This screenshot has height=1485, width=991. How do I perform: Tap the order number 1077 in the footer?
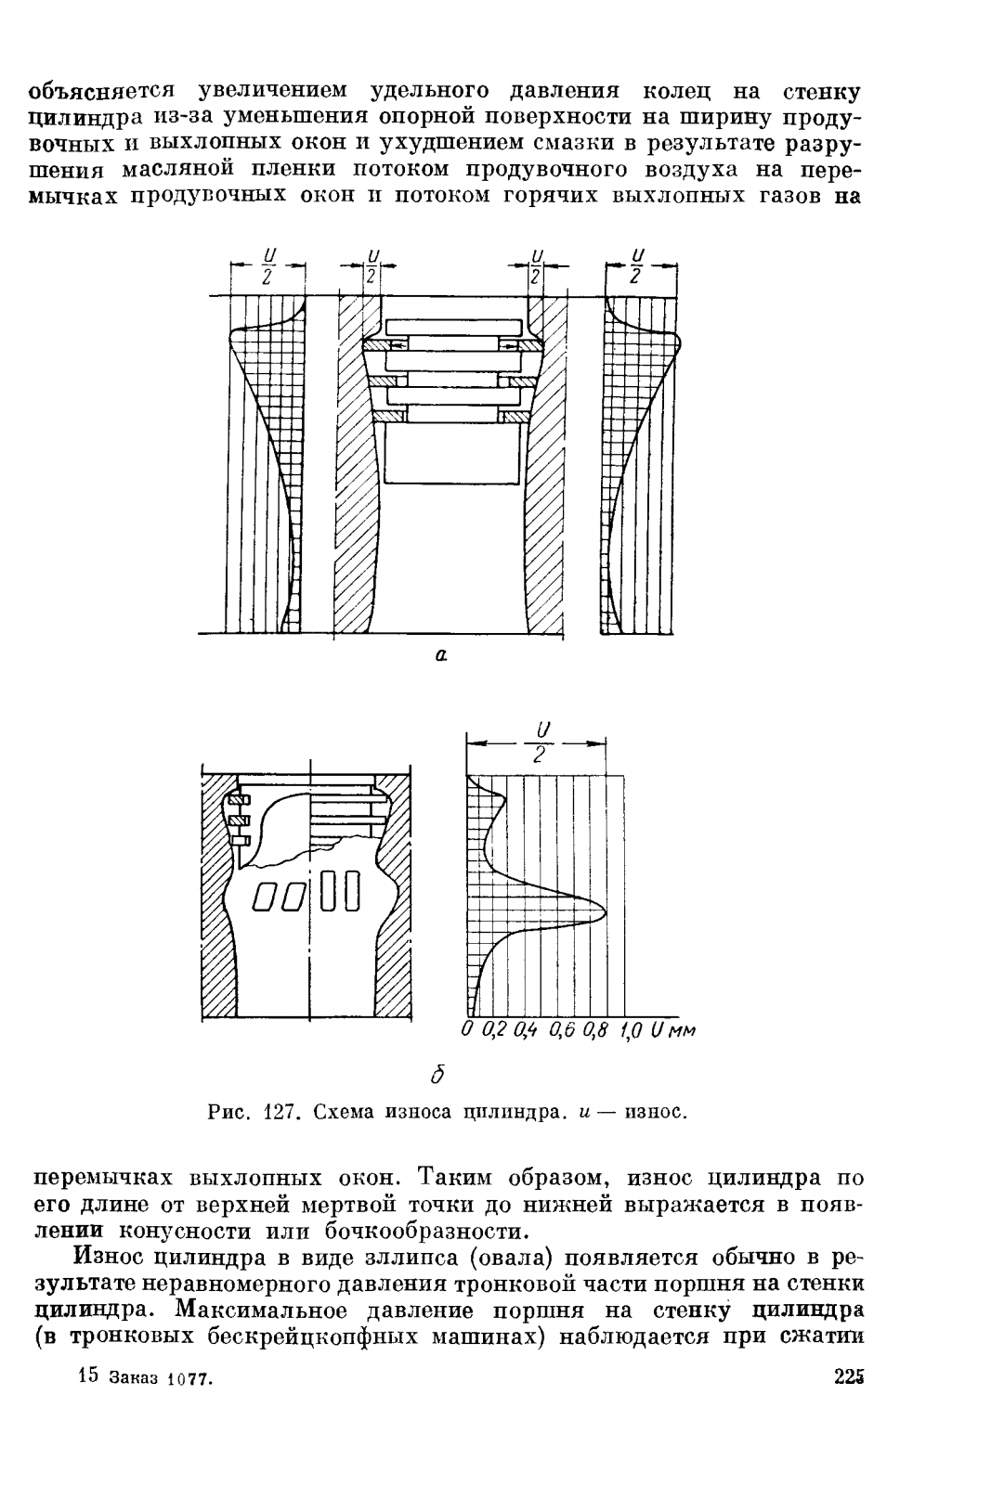(x=190, y=1380)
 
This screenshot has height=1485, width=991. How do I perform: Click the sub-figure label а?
(x=440, y=655)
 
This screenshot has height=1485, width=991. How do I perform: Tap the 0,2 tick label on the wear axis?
(x=496, y=1029)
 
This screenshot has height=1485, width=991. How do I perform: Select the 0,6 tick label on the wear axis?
(x=563, y=1029)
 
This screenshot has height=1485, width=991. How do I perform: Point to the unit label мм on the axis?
(x=681, y=1030)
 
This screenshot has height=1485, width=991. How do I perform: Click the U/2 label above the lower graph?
(x=539, y=742)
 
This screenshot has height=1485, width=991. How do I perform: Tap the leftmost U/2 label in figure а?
(x=267, y=265)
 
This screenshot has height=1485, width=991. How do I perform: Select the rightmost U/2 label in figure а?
(x=638, y=265)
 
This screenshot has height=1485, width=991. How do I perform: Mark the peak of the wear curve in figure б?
(x=606, y=912)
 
